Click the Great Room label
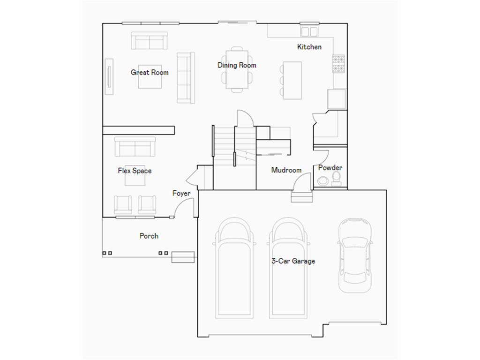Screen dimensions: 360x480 pos(150,72)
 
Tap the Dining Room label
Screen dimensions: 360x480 pos(237,65)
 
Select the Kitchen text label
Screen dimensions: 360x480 pos(309,47)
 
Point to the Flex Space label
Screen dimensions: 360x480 pos(135,171)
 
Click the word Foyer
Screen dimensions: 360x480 pos(181,193)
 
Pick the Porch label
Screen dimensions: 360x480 pos(149,236)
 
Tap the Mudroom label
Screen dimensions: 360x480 pos(286,170)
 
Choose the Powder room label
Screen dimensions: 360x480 pos(330,167)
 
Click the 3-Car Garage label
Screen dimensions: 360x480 pos(293,261)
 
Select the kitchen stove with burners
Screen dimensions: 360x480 pos(338,64)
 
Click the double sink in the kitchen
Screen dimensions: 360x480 pos(309,31)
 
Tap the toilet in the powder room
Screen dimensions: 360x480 pos(336,179)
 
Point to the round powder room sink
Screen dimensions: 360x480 pos(322,181)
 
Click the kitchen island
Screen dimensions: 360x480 pos(292,80)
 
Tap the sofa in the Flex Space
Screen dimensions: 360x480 pos(135,147)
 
